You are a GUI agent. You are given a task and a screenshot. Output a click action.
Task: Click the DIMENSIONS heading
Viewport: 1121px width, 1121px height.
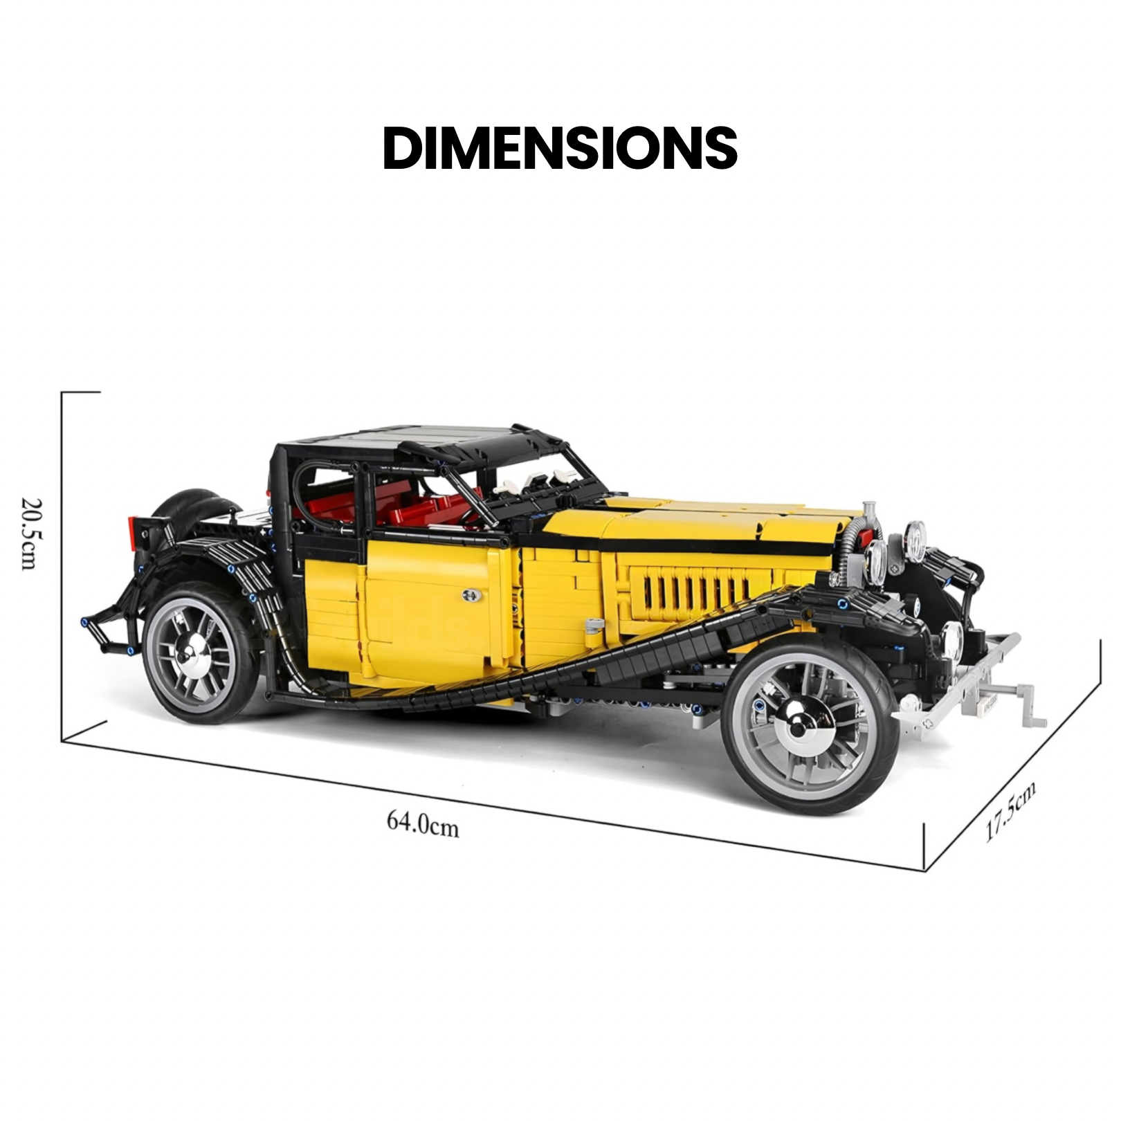click(560, 148)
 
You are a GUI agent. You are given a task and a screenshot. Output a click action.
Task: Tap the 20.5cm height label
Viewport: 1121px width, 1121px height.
click(30, 534)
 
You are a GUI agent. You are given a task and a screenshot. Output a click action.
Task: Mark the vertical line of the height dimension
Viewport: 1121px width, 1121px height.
click(62, 567)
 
